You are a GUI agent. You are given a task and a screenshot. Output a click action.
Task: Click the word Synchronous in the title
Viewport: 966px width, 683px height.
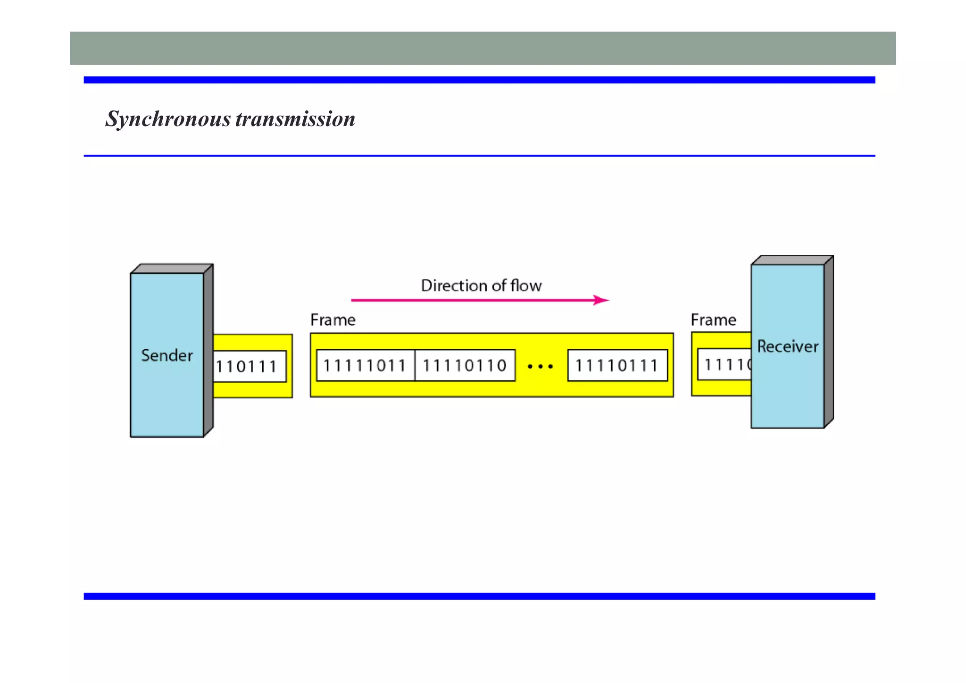(168, 119)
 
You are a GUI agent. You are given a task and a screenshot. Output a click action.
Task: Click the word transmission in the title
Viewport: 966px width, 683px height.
(295, 119)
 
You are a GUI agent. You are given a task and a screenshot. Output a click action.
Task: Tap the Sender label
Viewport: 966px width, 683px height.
(167, 355)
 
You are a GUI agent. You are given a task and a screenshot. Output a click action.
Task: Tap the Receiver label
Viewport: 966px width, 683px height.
(787, 346)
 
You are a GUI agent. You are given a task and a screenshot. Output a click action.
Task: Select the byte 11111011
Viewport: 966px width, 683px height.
(365, 365)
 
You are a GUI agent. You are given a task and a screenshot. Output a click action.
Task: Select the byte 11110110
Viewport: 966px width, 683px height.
(465, 365)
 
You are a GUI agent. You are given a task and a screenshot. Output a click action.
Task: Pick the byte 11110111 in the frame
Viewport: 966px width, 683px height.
(616, 365)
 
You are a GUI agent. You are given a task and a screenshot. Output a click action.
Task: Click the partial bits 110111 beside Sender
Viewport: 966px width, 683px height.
(247, 367)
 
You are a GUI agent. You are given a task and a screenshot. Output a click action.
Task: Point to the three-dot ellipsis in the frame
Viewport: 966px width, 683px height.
(541, 366)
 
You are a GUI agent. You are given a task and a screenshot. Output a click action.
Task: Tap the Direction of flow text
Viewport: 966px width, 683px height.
(481, 286)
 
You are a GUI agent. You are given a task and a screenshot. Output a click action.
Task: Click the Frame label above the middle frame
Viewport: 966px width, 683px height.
(333, 320)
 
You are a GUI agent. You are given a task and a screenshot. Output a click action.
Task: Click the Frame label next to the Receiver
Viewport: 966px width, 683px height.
(713, 320)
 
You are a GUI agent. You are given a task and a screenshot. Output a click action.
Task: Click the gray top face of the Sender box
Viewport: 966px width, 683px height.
(172, 269)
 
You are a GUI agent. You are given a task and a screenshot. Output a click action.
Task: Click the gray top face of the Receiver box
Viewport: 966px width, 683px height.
(792, 260)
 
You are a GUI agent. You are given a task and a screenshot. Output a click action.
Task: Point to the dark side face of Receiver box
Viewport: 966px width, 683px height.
(829, 342)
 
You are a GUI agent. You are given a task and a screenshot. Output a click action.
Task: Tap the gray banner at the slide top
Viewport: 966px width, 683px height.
(483, 48)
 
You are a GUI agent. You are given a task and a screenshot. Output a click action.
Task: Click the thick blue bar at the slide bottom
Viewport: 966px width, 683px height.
(479, 596)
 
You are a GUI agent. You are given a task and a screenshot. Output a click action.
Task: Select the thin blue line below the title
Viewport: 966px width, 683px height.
(479, 155)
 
